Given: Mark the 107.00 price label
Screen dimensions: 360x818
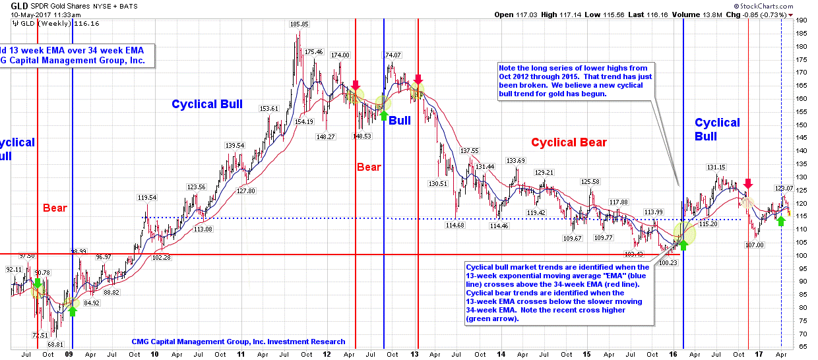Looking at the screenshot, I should click(x=755, y=245).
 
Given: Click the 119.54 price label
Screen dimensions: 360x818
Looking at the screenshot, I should click(x=147, y=197).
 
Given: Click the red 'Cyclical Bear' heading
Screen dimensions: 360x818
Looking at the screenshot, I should click(x=569, y=142).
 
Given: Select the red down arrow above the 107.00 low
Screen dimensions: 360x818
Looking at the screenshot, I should click(x=747, y=183).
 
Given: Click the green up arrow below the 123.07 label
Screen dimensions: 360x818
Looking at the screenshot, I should click(x=780, y=222).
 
